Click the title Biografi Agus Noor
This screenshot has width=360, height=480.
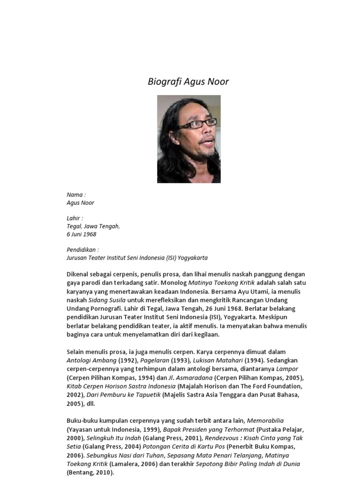tap(188, 82)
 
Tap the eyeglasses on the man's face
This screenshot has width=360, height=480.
tap(197, 125)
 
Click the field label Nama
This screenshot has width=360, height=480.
tap(76, 195)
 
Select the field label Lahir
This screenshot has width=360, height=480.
tap(75, 218)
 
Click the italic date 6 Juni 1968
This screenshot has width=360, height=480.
tap(82, 234)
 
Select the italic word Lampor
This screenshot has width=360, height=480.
tap(287, 369)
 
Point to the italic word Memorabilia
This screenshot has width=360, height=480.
tap(265, 420)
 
